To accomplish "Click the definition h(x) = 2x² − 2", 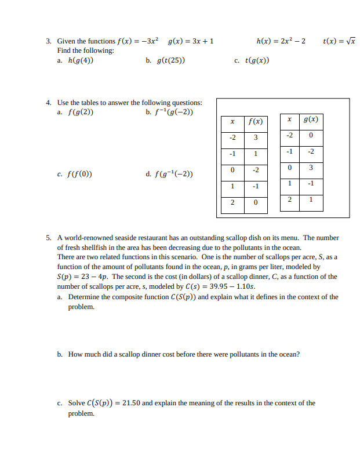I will (x=281, y=41).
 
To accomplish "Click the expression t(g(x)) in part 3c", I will (x=257, y=60).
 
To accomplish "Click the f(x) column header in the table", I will (x=255, y=121).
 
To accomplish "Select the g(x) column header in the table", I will (x=311, y=119).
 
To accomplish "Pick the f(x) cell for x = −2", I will (x=255, y=137).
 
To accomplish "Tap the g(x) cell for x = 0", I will (x=311, y=168).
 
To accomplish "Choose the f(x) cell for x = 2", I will (x=255, y=202).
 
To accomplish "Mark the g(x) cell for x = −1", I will (x=311, y=151).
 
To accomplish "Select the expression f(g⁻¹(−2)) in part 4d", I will (x=174, y=173).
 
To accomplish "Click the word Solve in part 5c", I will (x=77, y=403).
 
